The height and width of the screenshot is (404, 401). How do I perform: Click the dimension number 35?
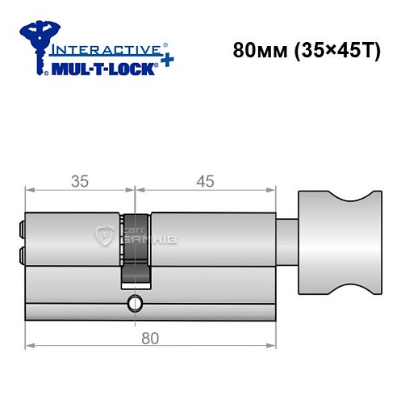coord(78,181)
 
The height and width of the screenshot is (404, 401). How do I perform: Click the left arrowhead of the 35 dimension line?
coord(30,191)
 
